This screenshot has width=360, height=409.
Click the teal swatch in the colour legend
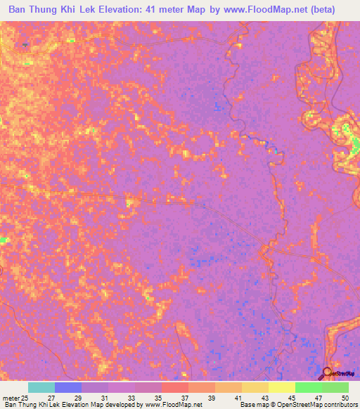point(41,387)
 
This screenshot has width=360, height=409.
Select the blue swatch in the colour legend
point(68,387)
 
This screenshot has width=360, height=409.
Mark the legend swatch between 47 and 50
point(335,387)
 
